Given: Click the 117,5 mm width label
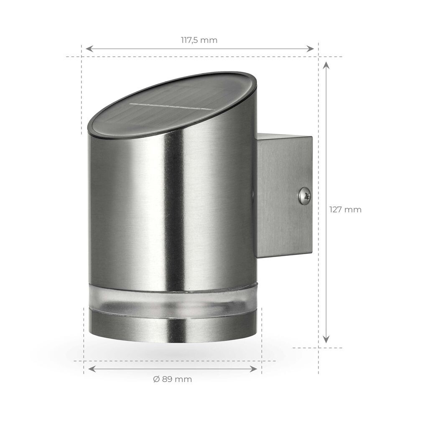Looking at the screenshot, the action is pos(199,41).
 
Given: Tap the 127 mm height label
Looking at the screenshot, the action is pos(345,210).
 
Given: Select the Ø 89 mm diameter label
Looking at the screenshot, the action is pos(172,379).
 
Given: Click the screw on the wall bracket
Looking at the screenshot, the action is pos(305,196).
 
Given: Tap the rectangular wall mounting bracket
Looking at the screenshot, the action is pos(284,195).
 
